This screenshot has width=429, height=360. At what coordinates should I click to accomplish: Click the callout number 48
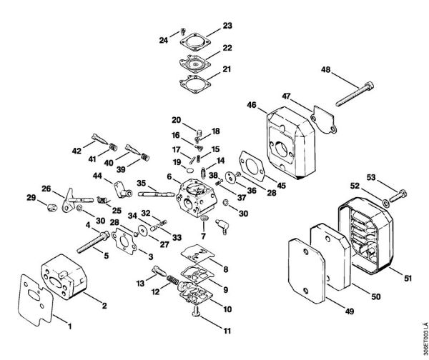pos(326,71)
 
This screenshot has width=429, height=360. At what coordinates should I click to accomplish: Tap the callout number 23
pos(227,26)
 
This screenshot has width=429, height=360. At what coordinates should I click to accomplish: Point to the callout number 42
pos(77,151)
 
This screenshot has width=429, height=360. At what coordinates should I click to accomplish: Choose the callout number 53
pos(371,176)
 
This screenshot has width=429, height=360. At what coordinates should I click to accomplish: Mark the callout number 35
pos(142,182)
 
